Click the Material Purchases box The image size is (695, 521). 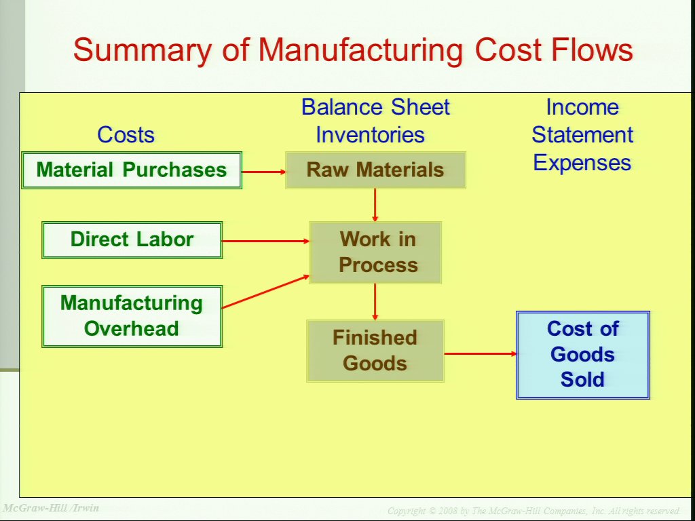(132, 170)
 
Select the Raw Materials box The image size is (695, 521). (375, 170)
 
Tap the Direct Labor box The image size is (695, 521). (132, 240)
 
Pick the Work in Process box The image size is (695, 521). (375, 252)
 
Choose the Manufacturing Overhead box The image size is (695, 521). (132, 316)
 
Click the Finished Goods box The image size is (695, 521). (375, 351)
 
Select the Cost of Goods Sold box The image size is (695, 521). (583, 355)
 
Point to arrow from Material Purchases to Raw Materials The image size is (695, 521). (264, 172)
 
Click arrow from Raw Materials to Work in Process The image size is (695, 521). (375, 205)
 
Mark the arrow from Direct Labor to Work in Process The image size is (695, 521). (265, 241)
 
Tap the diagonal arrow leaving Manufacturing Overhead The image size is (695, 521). (265, 292)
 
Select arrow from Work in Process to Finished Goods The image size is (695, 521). (375, 302)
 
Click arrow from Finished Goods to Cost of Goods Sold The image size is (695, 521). (481, 353)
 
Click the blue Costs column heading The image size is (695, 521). (126, 134)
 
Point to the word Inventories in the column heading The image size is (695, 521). (370, 135)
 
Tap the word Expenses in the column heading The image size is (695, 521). (582, 163)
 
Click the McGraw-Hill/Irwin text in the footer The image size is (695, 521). (50, 507)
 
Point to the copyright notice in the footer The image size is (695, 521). (534, 512)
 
